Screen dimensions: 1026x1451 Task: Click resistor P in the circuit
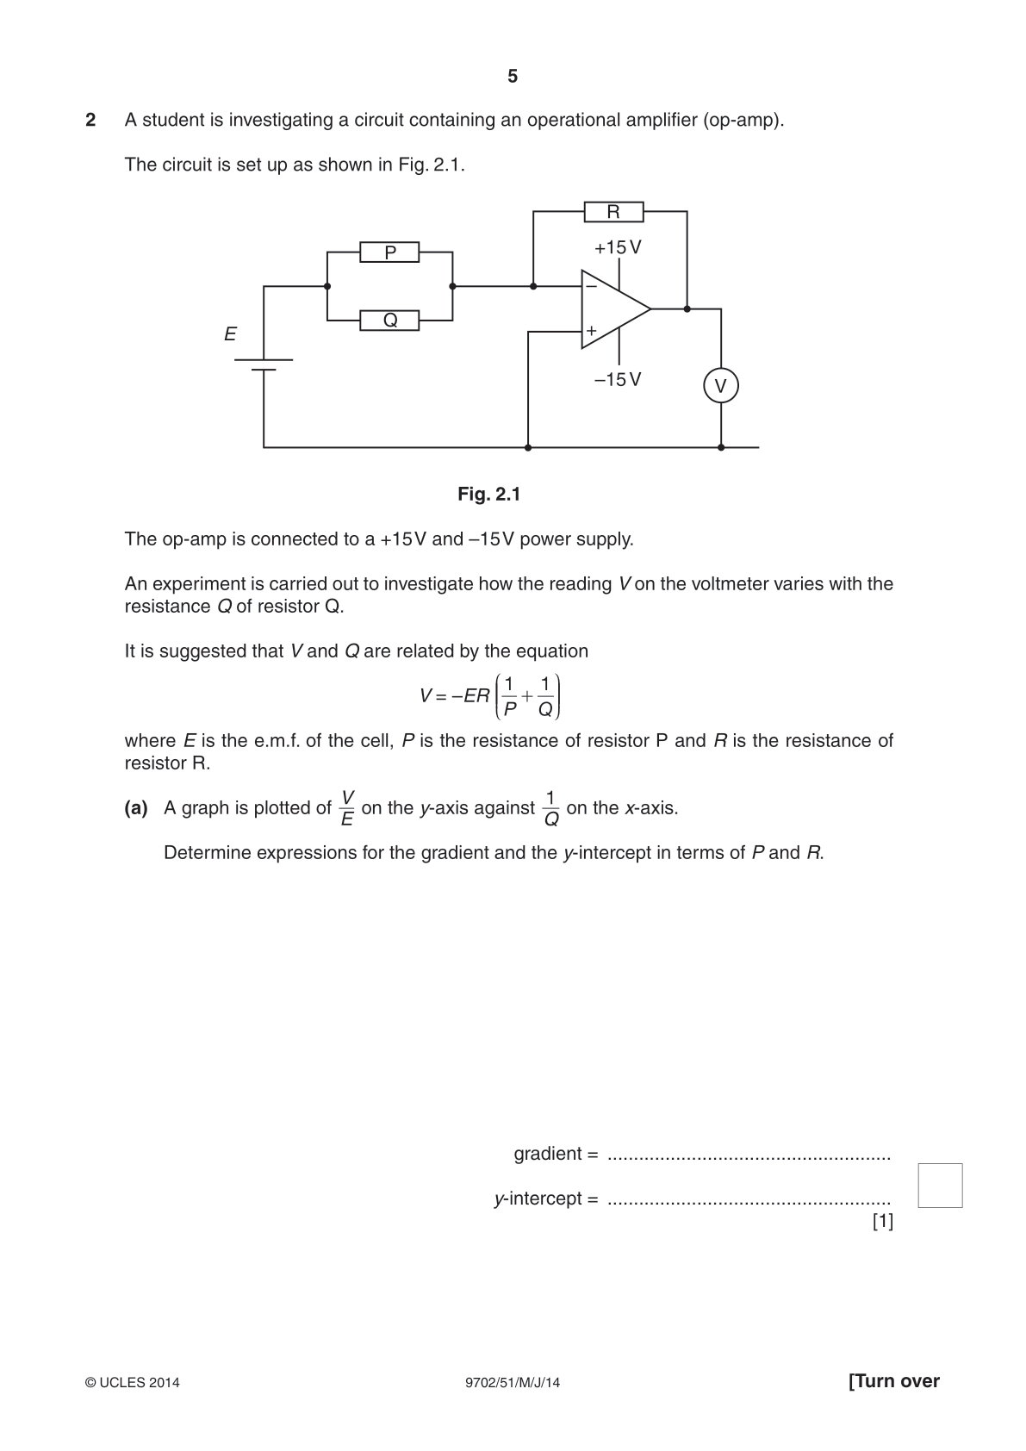tap(389, 252)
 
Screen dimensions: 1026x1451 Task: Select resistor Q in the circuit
tap(389, 321)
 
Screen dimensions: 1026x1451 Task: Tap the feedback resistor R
tap(613, 212)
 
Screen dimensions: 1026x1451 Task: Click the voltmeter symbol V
tap(721, 385)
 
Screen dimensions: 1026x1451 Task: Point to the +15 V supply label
tap(618, 247)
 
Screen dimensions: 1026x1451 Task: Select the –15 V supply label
tap(618, 379)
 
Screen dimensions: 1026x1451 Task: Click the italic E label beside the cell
tap(230, 334)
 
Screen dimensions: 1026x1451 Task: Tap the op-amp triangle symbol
tap(616, 309)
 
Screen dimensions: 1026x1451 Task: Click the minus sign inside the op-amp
tap(591, 286)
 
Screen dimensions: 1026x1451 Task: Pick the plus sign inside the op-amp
tap(591, 331)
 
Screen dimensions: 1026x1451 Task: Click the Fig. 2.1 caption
tap(489, 495)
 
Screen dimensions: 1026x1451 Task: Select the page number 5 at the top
tap(513, 77)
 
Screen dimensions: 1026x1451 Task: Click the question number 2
tap(90, 120)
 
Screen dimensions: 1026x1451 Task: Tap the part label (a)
tap(136, 807)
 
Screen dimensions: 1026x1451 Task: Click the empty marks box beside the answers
tap(940, 1186)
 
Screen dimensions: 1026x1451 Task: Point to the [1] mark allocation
tap(883, 1221)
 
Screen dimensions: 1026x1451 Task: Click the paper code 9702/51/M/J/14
tap(513, 1382)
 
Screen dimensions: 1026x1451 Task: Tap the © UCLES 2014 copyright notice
tap(132, 1382)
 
